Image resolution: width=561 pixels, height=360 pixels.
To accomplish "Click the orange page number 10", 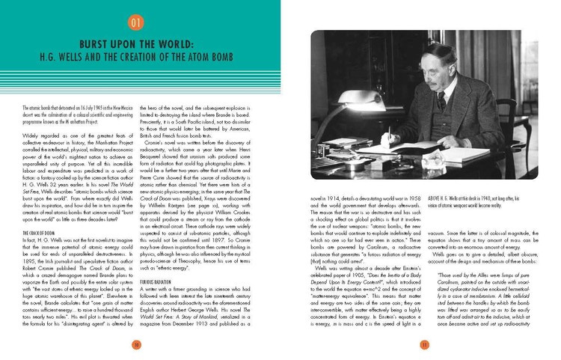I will point(136,344).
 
